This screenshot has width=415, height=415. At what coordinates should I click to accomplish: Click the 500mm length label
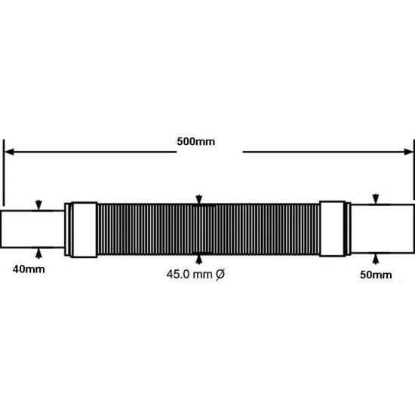pos(196,142)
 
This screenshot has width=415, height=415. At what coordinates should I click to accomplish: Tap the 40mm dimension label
pos(29,269)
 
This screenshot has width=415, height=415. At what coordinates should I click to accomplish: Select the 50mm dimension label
pos(376,275)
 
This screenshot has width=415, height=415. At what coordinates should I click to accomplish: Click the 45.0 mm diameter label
pos(195,274)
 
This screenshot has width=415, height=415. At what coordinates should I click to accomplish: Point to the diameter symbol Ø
pos(220,275)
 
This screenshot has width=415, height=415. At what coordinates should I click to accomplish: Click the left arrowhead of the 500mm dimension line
pos(9,152)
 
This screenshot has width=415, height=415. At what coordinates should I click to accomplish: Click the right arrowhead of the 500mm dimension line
pos(408,152)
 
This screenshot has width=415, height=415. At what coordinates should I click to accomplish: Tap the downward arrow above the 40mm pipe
pos(38,205)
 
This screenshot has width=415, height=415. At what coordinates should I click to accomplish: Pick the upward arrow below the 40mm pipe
pos(38,254)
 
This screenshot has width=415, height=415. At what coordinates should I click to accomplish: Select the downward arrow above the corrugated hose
pos(199,199)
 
